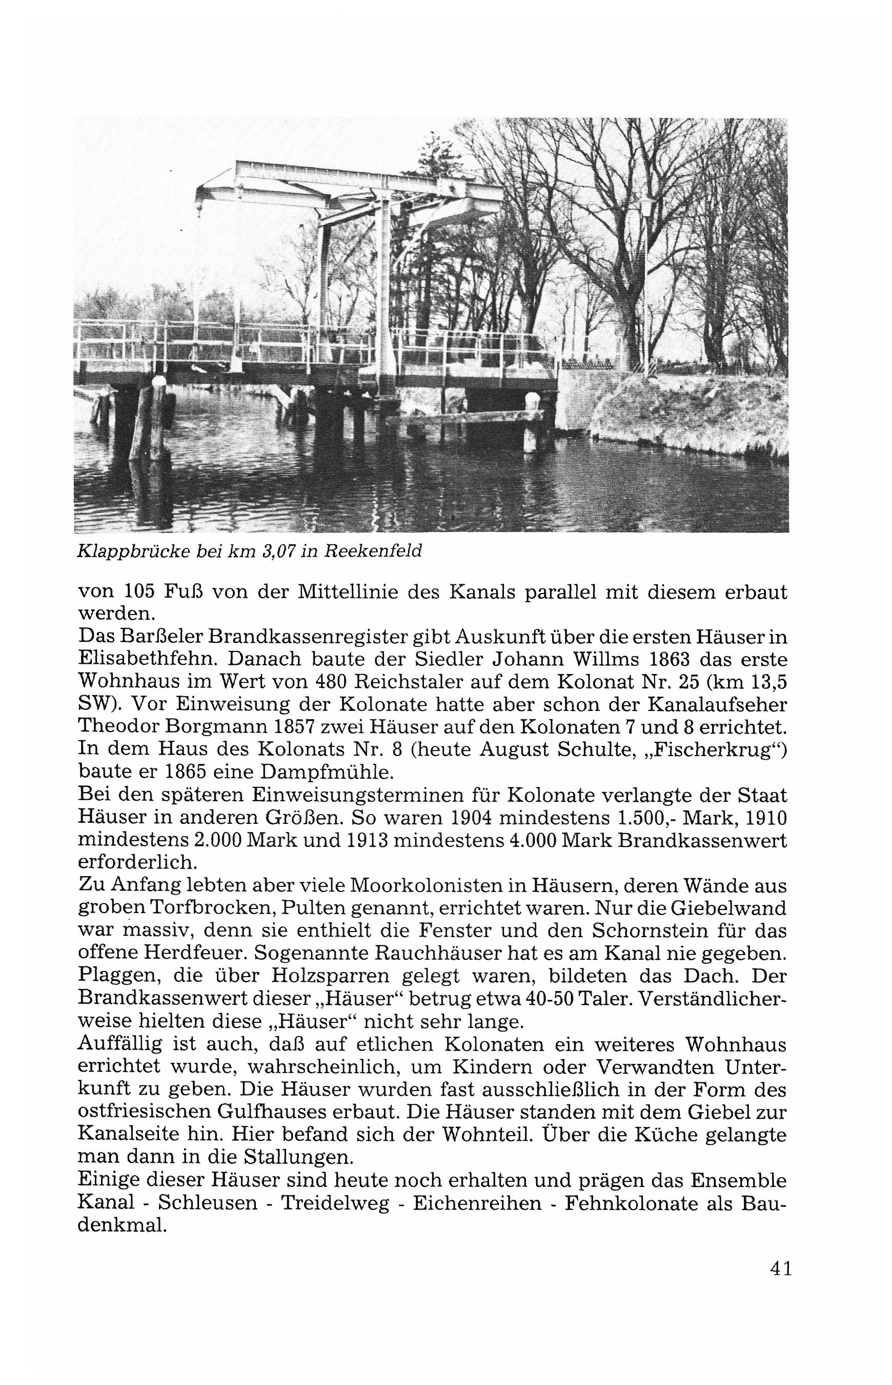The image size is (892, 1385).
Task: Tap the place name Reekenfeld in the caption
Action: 373,551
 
